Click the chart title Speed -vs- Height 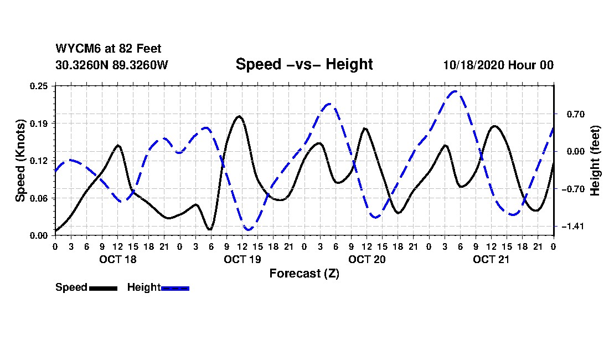pyautogui.click(x=304, y=64)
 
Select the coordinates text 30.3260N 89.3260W pyautogui.click(x=112, y=65)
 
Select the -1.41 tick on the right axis pyautogui.click(x=569, y=227)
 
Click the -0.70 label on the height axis pyautogui.click(x=569, y=189)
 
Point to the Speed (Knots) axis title pyautogui.click(x=20, y=161)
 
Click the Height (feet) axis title pyautogui.click(x=596, y=161)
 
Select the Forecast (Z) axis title pyautogui.click(x=304, y=273)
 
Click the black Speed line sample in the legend pyautogui.click(x=103, y=288)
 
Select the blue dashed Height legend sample pyautogui.click(x=175, y=288)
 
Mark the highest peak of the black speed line pyautogui.click(x=239, y=116)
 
